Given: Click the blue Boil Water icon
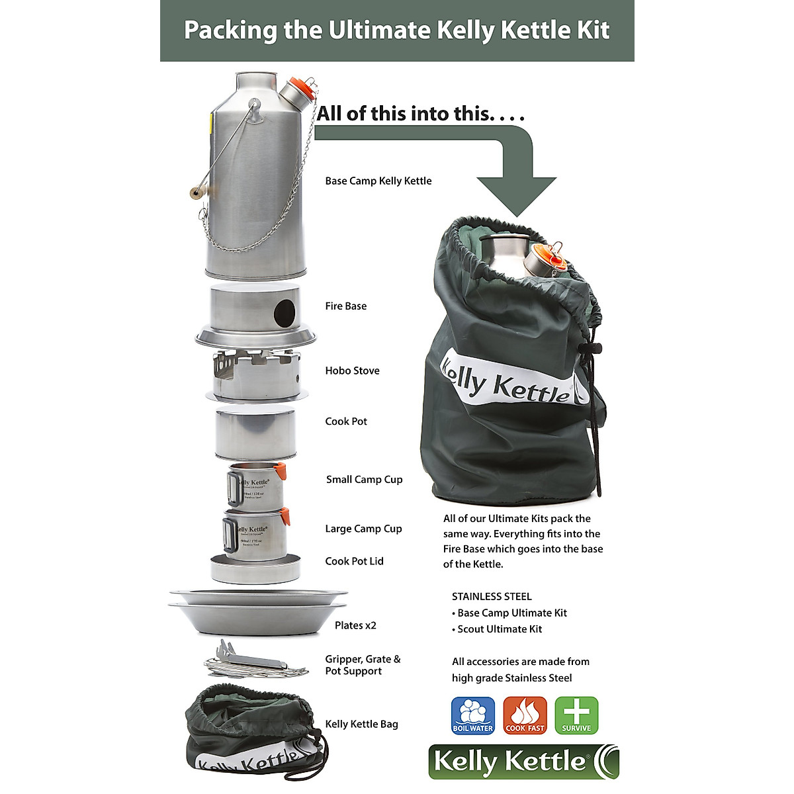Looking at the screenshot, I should pos(472,715).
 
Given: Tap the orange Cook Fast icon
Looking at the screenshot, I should pos(525,715).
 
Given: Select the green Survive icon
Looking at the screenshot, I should pos(576,715).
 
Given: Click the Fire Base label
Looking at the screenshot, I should pos(345,306).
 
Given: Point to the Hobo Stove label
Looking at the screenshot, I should pos(352,371).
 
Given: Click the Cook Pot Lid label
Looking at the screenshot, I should pos(354,561).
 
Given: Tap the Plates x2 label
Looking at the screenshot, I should pos(355,625).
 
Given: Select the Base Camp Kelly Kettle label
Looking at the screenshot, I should pos(378,181).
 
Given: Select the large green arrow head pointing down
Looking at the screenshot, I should pos(516,195).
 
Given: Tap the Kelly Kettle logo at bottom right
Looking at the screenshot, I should pos(523,762).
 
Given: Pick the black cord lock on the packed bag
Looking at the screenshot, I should pos(591,349).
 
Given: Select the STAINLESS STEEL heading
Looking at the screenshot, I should pos(492,597).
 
